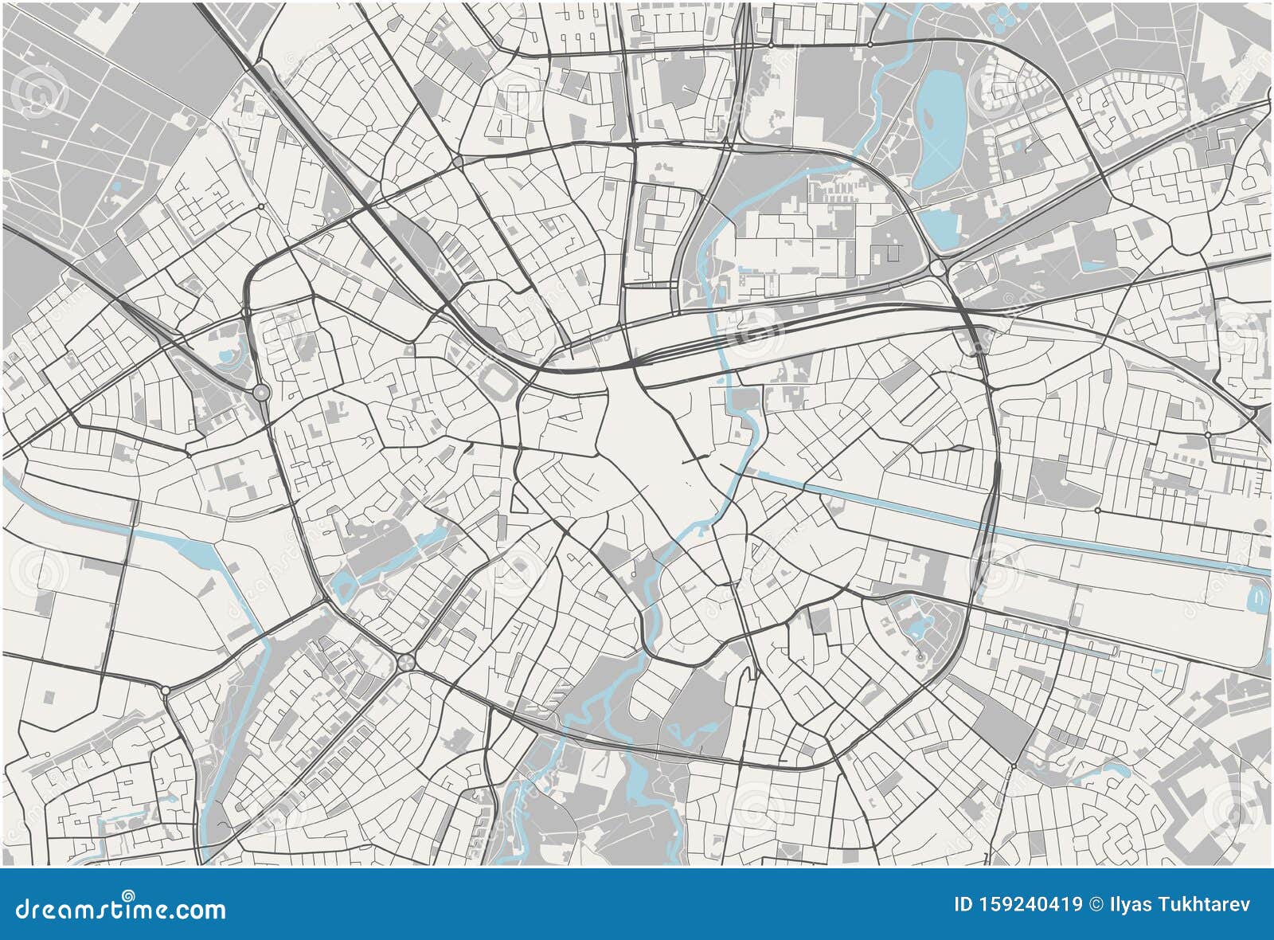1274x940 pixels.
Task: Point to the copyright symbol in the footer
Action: [x=1096, y=904]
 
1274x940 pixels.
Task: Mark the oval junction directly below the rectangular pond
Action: [x=938, y=268]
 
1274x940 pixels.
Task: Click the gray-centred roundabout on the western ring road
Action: [x=260, y=392]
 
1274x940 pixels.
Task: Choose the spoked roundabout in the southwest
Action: [x=405, y=662]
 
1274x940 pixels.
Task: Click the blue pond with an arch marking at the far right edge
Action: [x=1258, y=594]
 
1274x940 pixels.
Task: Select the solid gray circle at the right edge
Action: [x=1260, y=525]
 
